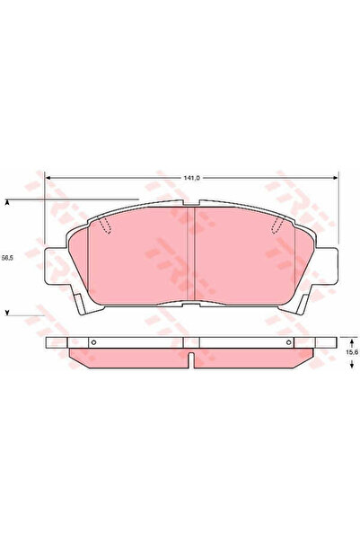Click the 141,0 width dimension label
192,178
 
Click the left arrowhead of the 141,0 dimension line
48,178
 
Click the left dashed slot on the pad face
105,226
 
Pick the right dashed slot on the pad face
277,226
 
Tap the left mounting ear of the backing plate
56,266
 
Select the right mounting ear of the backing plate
326,266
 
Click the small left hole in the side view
93,342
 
